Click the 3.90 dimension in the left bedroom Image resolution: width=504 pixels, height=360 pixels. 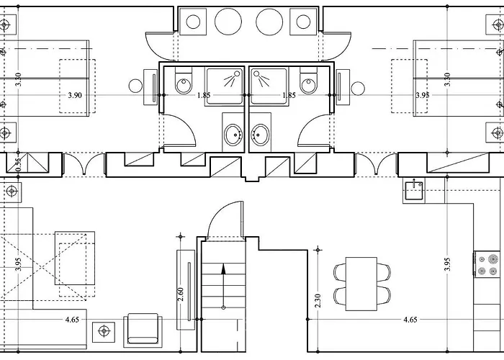[75, 95]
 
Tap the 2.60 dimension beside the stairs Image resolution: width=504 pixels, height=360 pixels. [180, 294]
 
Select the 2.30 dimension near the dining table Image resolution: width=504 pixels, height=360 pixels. [318, 300]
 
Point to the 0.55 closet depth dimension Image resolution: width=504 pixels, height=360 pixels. [18, 165]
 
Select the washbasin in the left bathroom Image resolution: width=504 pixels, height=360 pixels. [233, 135]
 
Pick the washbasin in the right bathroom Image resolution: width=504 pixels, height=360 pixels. [260, 135]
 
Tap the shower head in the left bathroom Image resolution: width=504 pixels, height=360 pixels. [237, 73]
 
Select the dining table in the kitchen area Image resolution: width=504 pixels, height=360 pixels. [361, 284]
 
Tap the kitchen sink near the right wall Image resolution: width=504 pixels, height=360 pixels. [414, 191]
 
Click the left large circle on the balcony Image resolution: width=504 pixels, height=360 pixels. [228, 22]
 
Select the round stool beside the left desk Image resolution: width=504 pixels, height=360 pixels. [135, 86]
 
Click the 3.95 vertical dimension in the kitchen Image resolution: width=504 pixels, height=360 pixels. [447, 264]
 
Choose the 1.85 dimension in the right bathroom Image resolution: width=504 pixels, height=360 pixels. [289, 95]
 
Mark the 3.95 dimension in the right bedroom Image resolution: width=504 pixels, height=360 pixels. [423, 95]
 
